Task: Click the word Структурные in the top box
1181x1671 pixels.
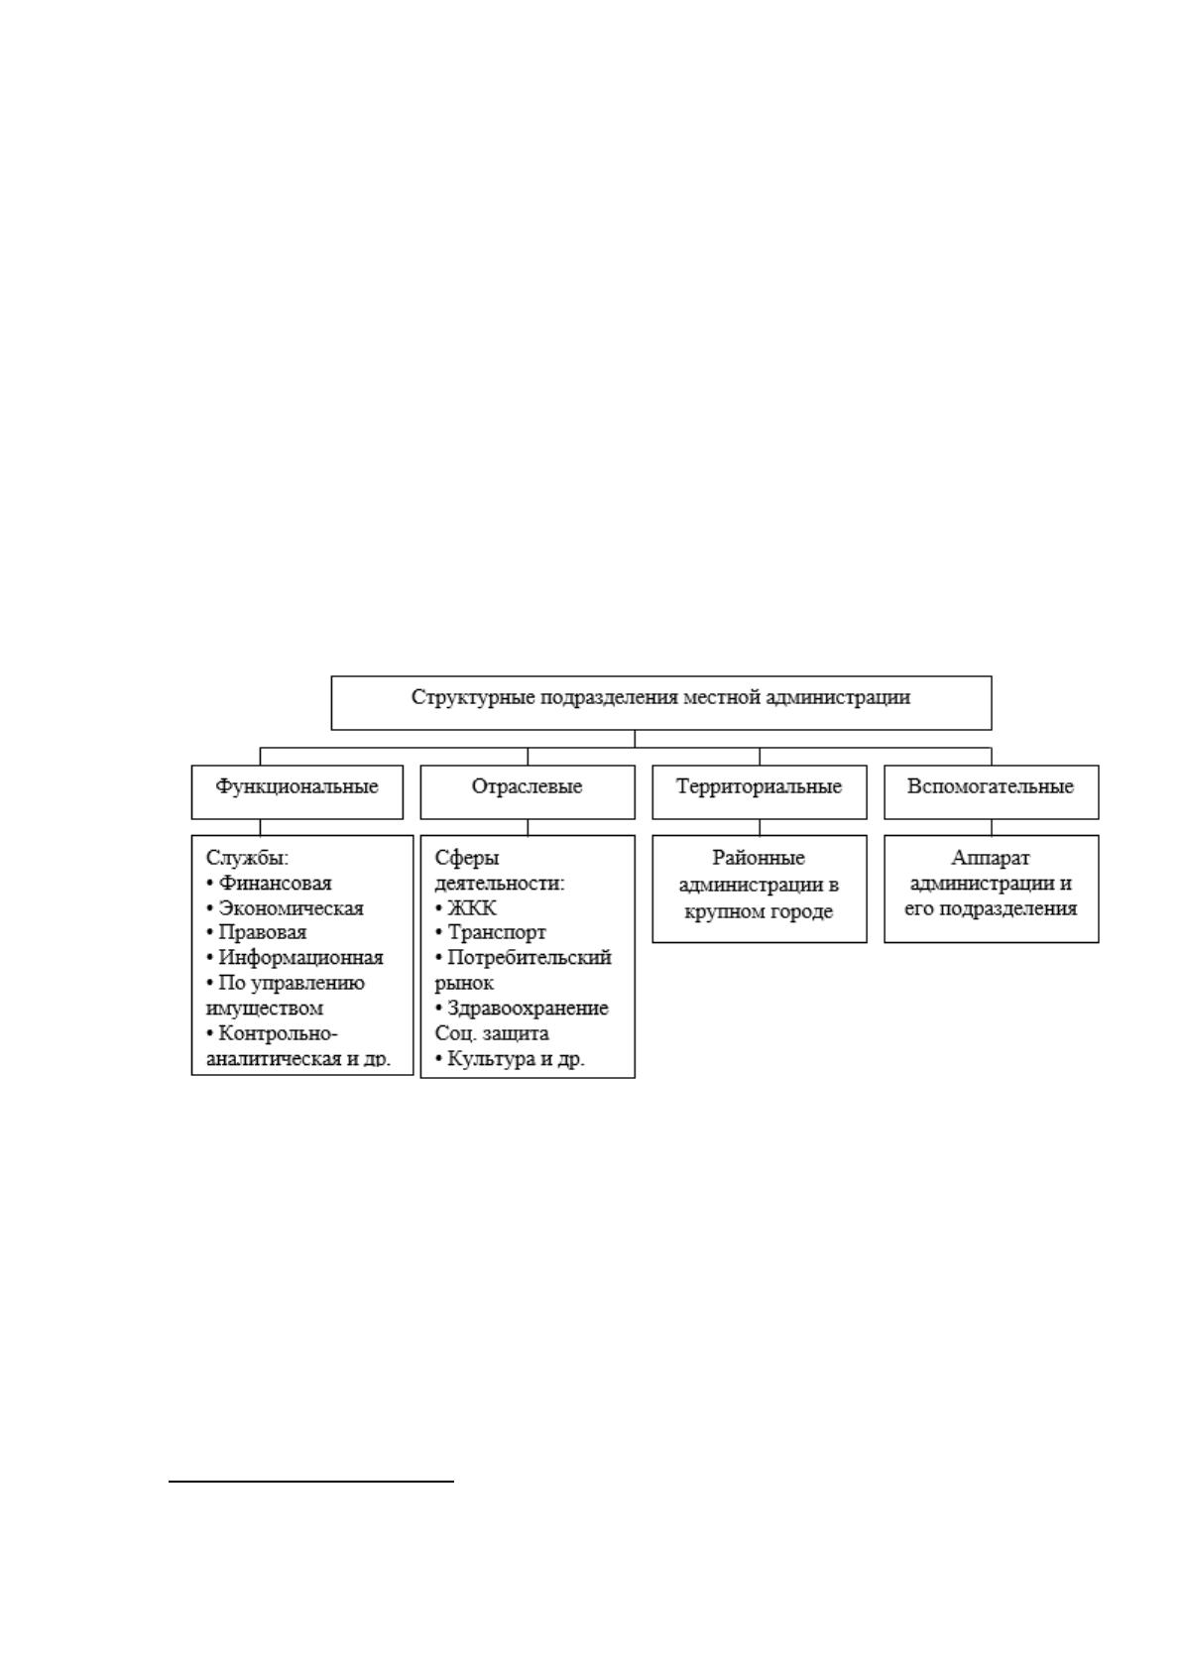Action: click(x=472, y=698)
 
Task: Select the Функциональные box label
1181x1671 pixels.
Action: click(x=296, y=787)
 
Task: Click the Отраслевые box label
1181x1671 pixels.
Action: click(x=527, y=787)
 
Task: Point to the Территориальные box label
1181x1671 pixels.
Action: click(x=759, y=787)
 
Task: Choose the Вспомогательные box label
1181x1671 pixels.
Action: click(x=990, y=787)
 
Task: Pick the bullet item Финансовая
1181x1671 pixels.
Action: click(x=269, y=884)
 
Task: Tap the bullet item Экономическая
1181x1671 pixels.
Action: click(x=285, y=909)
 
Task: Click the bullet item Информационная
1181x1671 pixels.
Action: click(x=294, y=959)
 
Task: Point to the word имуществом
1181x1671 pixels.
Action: click(x=264, y=1010)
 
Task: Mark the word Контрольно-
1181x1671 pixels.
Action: click(x=272, y=1034)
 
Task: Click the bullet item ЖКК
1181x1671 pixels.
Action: click(x=465, y=909)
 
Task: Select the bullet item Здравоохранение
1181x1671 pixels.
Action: click(x=522, y=1010)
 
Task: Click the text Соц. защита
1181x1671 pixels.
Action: click(x=492, y=1034)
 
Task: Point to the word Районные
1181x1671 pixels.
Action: click(x=759, y=859)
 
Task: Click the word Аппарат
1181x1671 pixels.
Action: click(x=990, y=859)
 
